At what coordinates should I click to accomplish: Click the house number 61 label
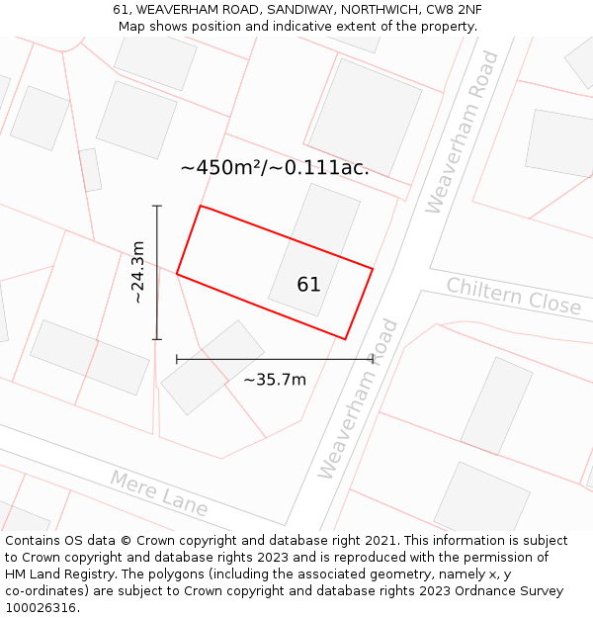308,285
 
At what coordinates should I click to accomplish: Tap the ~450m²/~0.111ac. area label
275,168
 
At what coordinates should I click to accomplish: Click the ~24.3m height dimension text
138,272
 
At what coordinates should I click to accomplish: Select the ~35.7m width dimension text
275,380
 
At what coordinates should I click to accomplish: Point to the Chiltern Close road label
513,296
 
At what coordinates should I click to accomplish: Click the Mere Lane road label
158,493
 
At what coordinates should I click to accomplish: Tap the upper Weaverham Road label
462,132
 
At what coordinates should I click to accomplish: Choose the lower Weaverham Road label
358,398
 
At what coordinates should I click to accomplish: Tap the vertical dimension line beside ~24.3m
157,272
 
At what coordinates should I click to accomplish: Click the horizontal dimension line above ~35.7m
275,359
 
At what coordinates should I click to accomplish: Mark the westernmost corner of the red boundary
177,273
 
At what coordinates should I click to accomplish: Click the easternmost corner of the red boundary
373,268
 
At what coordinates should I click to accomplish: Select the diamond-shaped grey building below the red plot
212,367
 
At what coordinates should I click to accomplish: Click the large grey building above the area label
365,117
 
